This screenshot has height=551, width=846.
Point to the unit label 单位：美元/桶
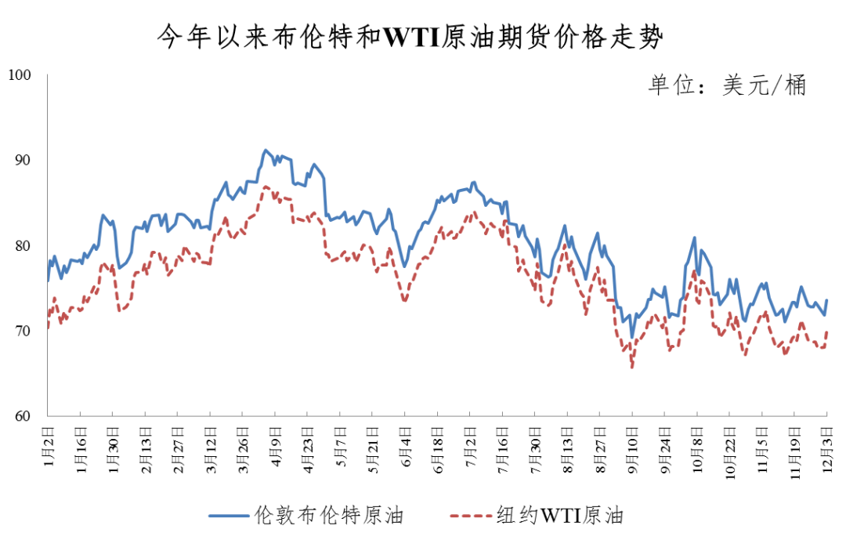point(726,85)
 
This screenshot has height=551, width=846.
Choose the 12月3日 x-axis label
point(828,448)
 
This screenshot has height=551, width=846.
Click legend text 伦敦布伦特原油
point(329,516)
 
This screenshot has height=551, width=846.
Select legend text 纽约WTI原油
point(560,516)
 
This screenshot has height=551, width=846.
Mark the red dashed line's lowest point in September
point(631,367)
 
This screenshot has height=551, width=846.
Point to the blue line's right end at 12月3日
point(827,301)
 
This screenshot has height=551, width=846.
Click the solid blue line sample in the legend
point(230,516)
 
